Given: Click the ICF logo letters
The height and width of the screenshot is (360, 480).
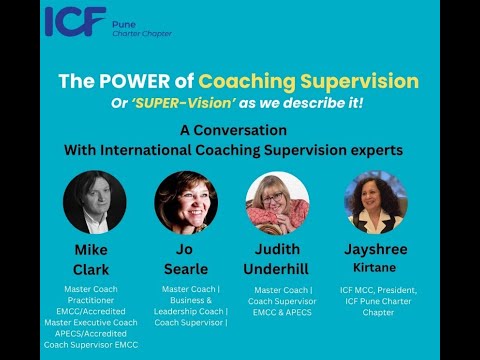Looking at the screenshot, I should pyautogui.click(x=76, y=21).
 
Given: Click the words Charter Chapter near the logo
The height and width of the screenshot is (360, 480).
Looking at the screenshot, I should pyautogui.click(x=145, y=33).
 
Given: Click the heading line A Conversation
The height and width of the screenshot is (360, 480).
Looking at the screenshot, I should pyautogui.click(x=240, y=130).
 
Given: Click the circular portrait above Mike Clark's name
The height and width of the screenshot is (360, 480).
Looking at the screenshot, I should pyautogui.click(x=94, y=202).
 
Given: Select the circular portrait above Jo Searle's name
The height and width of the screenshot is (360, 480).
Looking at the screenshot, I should pyautogui.click(x=186, y=202).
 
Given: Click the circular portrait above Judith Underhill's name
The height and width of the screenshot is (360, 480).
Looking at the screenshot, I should pyautogui.click(x=277, y=202).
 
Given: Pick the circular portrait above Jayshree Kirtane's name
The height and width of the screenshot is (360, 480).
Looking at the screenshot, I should pyautogui.click(x=375, y=202).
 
